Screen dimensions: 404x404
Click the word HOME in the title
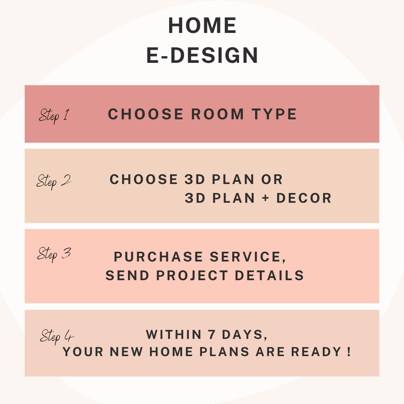[202, 25]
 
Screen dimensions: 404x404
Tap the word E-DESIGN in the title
[202, 55]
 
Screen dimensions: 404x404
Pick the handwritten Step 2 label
[53, 181]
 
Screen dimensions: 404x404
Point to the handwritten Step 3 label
[54, 254]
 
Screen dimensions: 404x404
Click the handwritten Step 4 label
[57, 337]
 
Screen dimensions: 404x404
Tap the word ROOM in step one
[217, 114]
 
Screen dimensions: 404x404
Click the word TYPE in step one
[275, 114]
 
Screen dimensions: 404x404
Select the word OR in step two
[272, 179]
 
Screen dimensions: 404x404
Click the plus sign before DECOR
[266, 198]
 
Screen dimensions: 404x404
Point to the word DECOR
[304, 198]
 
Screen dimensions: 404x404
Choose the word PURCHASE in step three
[159, 257]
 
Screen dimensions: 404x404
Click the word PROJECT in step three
[192, 275]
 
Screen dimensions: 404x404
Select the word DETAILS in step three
[269, 275]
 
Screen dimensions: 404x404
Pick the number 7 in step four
[212, 335]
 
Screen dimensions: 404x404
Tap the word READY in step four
[316, 352]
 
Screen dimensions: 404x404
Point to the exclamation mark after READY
[349, 352]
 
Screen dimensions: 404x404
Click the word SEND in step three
[128, 275]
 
